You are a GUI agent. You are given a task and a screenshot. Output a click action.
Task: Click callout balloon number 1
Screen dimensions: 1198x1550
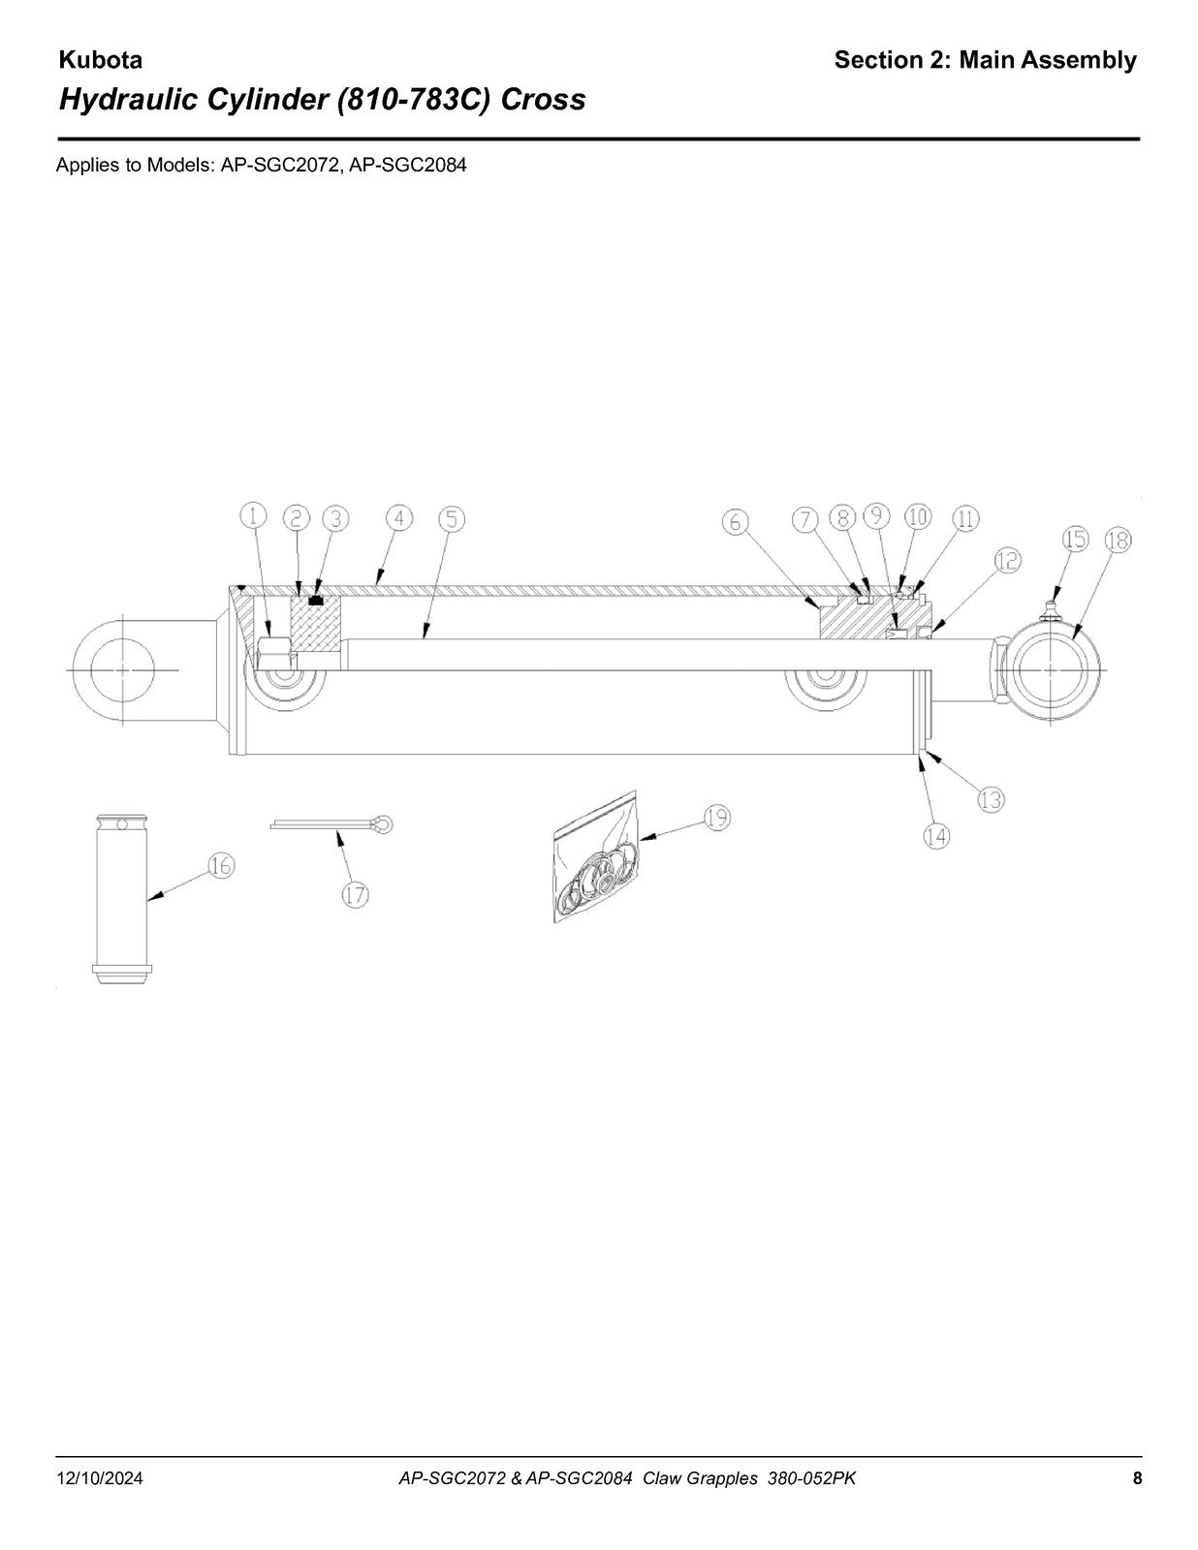253,515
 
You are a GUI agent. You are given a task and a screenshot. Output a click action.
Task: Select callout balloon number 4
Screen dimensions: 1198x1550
399,518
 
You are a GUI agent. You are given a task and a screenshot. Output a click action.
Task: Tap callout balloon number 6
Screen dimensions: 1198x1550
736,522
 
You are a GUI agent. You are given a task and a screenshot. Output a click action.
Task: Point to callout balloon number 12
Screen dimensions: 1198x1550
1007,561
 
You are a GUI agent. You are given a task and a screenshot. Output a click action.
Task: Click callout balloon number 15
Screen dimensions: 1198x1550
1076,539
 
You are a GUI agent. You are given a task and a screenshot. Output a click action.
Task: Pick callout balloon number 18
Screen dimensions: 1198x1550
1119,540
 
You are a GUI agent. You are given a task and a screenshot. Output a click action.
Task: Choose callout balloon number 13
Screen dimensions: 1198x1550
992,799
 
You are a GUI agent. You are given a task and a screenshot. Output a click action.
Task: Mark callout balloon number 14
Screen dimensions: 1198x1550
936,835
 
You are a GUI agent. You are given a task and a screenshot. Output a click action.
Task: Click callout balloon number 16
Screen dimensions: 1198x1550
221,866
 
